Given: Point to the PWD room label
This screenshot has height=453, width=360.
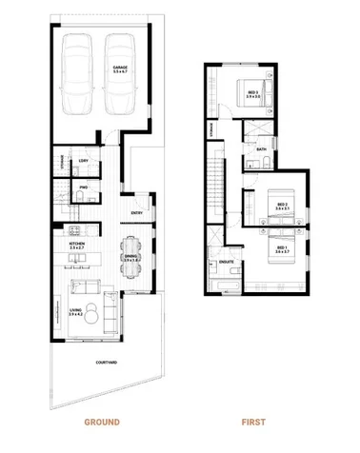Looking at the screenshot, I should click(84, 188).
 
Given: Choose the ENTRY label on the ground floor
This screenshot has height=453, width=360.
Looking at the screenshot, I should click(137, 213).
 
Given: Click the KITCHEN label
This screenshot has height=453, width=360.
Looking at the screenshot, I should click(76, 245).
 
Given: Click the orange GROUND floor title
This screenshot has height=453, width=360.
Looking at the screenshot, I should click(100, 421).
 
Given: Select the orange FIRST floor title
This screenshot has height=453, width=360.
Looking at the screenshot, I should click(253, 421).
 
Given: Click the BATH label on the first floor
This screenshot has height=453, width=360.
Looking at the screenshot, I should click(263, 149).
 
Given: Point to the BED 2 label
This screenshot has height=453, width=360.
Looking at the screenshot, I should click(281, 205).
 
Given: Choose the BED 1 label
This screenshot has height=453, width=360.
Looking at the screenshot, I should click(281, 248).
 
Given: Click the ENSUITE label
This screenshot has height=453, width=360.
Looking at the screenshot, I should click(227, 260).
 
